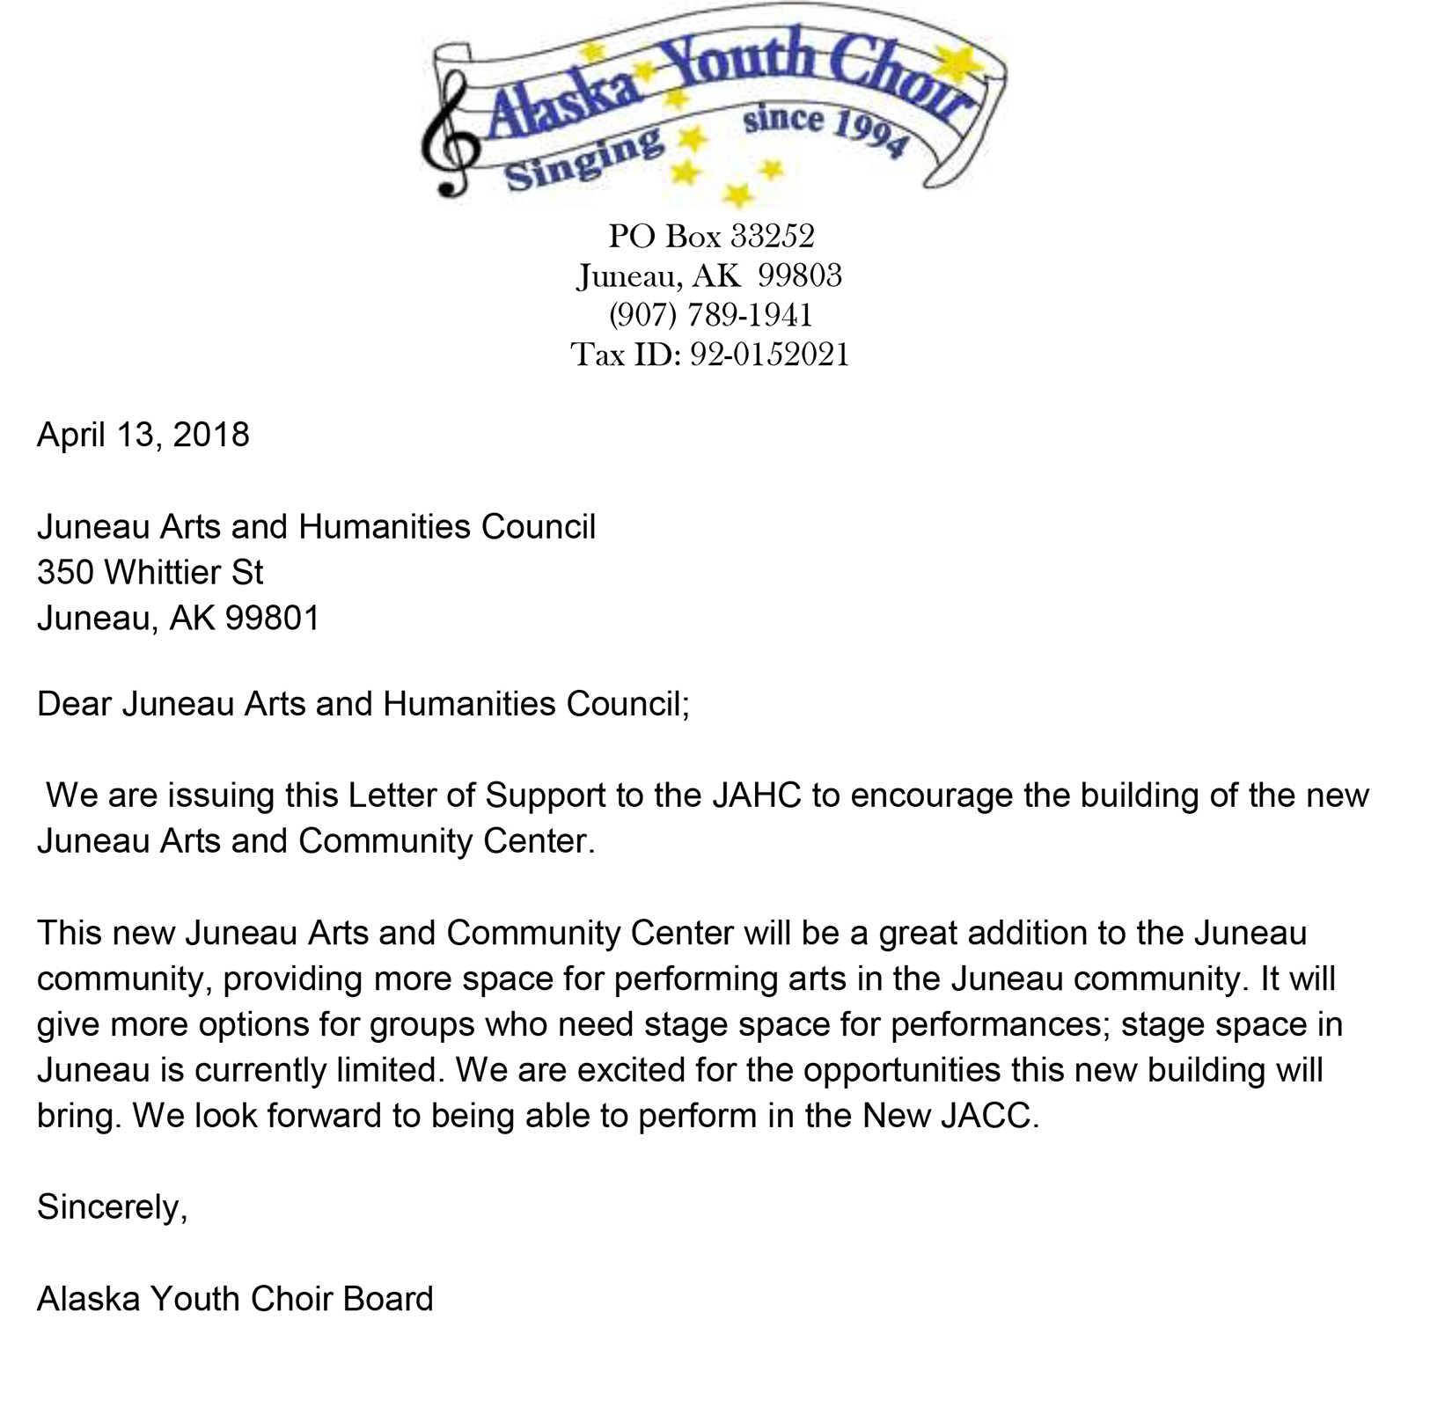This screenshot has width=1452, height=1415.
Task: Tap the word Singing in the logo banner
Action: click(583, 158)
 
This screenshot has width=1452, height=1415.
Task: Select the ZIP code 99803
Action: click(800, 276)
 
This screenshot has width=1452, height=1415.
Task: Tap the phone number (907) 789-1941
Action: click(710, 315)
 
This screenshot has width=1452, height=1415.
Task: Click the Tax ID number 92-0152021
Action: click(769, 355)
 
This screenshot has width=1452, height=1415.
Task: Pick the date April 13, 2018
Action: click(143, 435)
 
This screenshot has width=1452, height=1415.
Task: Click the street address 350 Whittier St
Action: click(150, 573)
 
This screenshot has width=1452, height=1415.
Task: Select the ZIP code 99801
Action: click(273, 619)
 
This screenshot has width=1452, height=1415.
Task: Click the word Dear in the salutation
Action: click(74, 704)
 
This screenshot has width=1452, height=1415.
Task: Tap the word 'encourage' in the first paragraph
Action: click(932, 795)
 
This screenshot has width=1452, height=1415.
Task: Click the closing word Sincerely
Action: click(112, 1207)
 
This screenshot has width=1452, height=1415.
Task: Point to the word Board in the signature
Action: click(388, 1299)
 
